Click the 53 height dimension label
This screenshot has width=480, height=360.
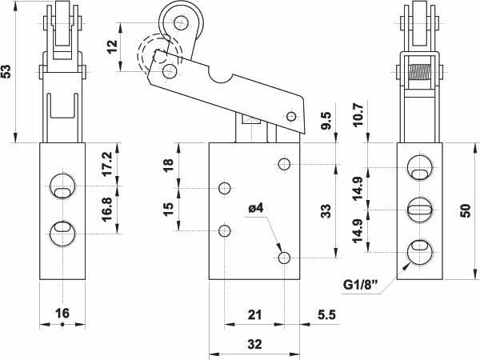(x=6, y=71)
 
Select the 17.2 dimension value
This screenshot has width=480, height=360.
(x=107, y=165)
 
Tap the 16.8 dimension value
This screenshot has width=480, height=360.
(x=107, y=210)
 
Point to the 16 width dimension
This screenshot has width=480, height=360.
(x=62, y=314)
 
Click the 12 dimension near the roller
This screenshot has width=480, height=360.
(x=112, y=47)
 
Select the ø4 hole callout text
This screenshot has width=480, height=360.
(x=256, y=209)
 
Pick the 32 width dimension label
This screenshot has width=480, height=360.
(x=254, y=344)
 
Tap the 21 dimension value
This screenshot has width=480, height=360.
(x=254, y=314)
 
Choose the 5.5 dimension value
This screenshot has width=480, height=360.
(x=326, y=314)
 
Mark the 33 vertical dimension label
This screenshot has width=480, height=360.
(x=326, y=211)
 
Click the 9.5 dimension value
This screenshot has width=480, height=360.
(x=326, y=121)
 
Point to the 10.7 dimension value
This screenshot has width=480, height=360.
(x=358, y=114)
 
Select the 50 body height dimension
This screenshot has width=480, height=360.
(x=466, y=211)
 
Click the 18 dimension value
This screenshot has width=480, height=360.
(x=168, y=166)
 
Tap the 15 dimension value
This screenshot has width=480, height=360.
(x=168, y=210)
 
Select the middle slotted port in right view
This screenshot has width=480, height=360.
(x=420, y=210)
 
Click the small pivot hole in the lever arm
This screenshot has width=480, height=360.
(x=291, y=116)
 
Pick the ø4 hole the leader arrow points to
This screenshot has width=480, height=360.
(x=284, y=258)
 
